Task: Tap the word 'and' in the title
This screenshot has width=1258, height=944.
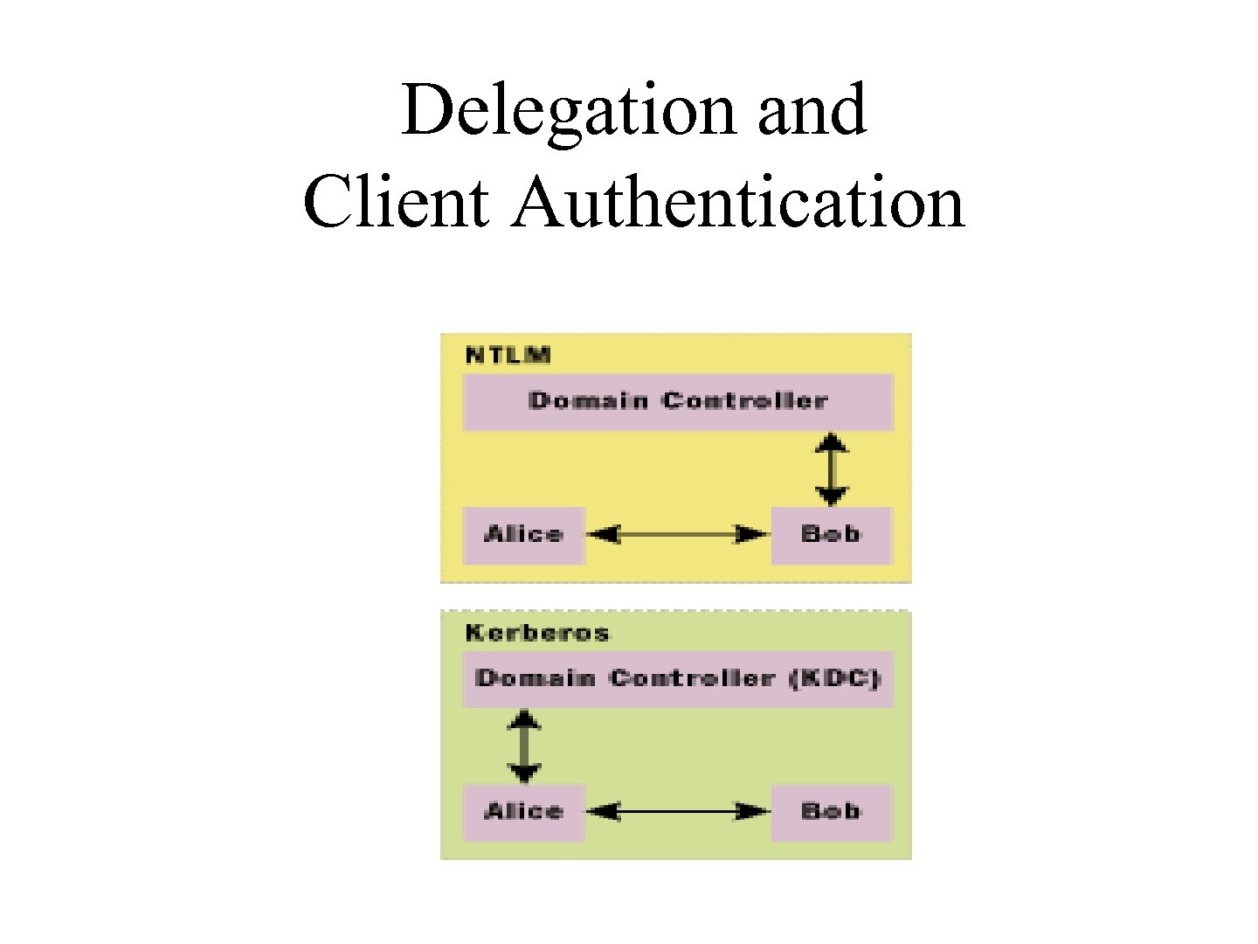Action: (812, 111)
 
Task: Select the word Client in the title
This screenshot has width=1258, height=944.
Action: (396, 203)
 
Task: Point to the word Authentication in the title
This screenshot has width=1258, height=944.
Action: (738, 203)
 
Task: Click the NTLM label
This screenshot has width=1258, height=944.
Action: (508, 355)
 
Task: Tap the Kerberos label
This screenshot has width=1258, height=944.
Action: (536, 633)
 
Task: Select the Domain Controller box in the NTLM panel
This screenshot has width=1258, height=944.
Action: (677, 402)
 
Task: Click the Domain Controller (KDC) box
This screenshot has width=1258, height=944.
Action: (677, 679)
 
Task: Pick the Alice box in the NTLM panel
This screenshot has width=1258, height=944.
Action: (523, 535)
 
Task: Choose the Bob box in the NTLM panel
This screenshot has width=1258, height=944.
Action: (831, 535)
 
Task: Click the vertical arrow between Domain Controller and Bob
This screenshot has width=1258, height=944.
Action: (831, 469)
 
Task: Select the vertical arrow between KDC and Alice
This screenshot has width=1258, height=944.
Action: (524, 746)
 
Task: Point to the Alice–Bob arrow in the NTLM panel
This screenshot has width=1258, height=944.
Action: (677, 534)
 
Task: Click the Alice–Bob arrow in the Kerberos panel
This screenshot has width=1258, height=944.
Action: (677, 812)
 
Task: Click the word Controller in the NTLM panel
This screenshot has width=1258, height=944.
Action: (744, 401)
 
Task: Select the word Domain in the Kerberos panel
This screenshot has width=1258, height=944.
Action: (535, 679)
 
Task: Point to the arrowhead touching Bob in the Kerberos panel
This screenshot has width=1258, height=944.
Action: (753, 812)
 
